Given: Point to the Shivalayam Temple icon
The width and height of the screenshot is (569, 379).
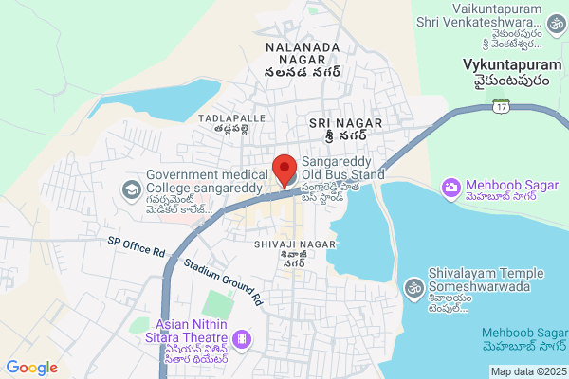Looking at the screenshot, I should [413, 285].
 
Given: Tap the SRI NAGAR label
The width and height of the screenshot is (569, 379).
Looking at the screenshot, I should [345, 124].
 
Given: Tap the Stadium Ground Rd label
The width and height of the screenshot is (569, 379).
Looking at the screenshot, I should [222, 282].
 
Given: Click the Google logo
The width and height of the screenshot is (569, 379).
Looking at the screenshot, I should [31, 368].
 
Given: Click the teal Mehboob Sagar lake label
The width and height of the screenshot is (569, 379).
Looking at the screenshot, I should [524, 333].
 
